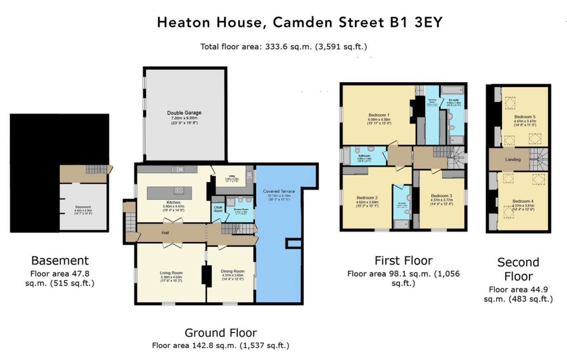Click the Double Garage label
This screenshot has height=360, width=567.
[184, 113]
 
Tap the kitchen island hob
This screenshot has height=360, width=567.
[179, 191]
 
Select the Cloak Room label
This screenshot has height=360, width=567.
[218, 209]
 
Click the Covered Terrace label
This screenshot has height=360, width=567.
[279, 191]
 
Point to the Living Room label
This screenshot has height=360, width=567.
[171, 273]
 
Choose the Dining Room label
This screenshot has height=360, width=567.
[233, 271]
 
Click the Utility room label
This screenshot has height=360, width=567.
[232, 176]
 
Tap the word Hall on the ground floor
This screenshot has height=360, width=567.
[165, 233]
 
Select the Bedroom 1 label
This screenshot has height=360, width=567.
[379, 115]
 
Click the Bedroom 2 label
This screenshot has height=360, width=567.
[367, 198]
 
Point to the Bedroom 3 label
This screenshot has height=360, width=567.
[441, 196]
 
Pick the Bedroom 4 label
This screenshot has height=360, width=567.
[523, 201]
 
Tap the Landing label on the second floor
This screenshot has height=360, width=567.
[513, 159]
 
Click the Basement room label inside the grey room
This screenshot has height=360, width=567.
[83, 207]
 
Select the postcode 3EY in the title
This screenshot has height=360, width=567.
[428, 22]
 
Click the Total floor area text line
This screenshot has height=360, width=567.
[283, 47]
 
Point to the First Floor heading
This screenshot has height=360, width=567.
[403, 261]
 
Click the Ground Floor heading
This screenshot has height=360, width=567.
[220, 333]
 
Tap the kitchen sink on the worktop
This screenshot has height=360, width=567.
[178, 169]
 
